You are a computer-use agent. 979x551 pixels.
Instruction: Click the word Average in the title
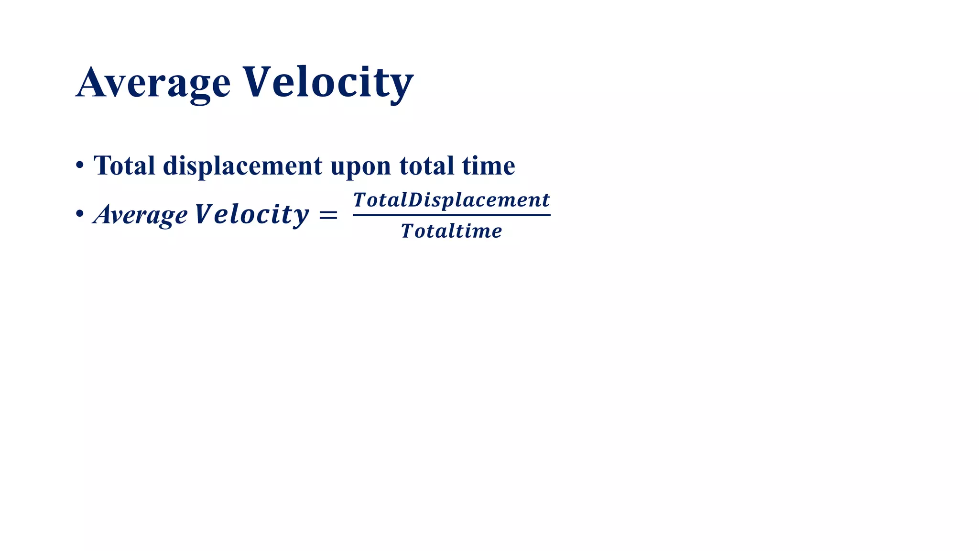coord(153,84)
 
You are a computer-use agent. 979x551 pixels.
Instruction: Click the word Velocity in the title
coord(328,84)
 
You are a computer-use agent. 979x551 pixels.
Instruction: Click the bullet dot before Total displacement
coord(80,165)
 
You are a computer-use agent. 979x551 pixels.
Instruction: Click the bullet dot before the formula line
coord(80,214)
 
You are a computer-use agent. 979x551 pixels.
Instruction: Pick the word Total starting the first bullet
coord(124,165)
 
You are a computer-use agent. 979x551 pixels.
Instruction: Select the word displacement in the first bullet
coord(242,166)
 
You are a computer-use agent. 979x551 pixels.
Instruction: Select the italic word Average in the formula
coord(141,215)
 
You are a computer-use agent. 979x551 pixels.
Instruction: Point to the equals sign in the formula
coord(328,215)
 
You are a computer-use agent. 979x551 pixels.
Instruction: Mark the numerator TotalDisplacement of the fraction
coord(451,200)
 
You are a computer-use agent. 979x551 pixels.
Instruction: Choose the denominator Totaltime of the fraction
coord(451,231)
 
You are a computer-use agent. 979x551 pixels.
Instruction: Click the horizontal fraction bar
coord(451,215)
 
